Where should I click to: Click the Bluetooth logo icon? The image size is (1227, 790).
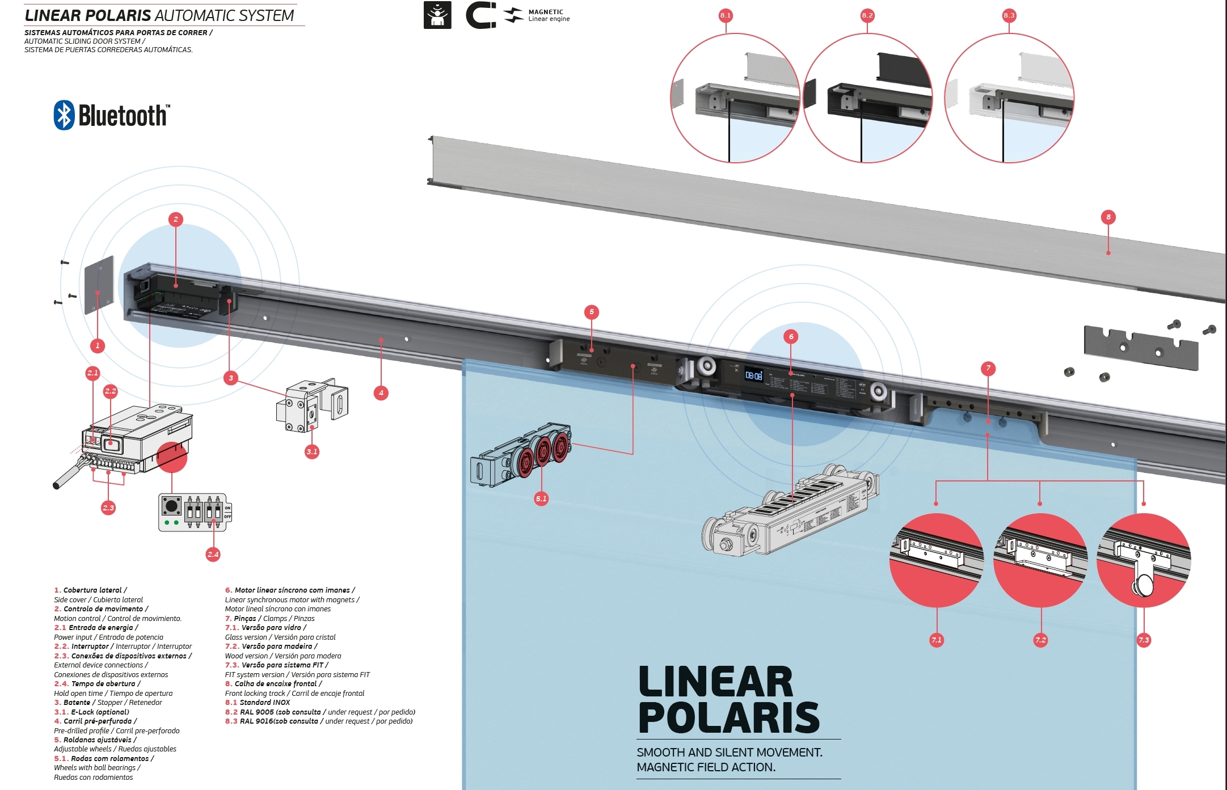pyautogui.click(x=64, y=115)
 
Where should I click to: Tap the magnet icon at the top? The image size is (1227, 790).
pyautogui.click(x=480, y=15)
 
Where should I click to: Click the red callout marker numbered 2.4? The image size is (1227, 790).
pyautogui.click(x=213, y=554)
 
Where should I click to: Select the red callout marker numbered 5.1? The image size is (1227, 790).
pyautogui.click(x=541, y=498)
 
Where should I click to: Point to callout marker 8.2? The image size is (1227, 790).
pyautogui.click(x=867, y=15)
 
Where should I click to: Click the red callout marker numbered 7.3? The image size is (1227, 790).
pyautogui.click(x=1144, y=640)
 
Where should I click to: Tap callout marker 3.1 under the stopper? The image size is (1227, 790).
pyautogui.click(x=311, y=451)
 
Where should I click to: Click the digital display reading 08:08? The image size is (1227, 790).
pyautogui.click(x=753, y=375)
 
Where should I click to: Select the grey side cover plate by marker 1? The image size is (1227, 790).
pyautogui.click(x=99, y=285)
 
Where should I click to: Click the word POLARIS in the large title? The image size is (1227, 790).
pyautogui.click(x=729, y=718)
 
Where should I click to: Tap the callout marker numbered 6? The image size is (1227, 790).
pyautogui.click(x=791, y=336)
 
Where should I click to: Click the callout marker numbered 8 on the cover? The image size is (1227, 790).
pyautogui.click(x=1108, y=217)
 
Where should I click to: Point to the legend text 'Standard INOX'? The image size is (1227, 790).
pyautogui.click(x=264, y=702)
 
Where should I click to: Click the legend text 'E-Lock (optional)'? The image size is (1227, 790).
pyautogui.click(x=100, y=712)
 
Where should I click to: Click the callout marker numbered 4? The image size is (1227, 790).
pyautogui.click(x=381, y=392)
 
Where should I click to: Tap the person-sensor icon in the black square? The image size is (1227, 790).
pyautogui.click(x=437, y=15)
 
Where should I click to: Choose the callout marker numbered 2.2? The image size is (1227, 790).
pyautogui.click(x=110, y=391)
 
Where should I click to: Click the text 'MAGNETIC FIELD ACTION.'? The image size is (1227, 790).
pyautogui.click(x=706, y=767)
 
